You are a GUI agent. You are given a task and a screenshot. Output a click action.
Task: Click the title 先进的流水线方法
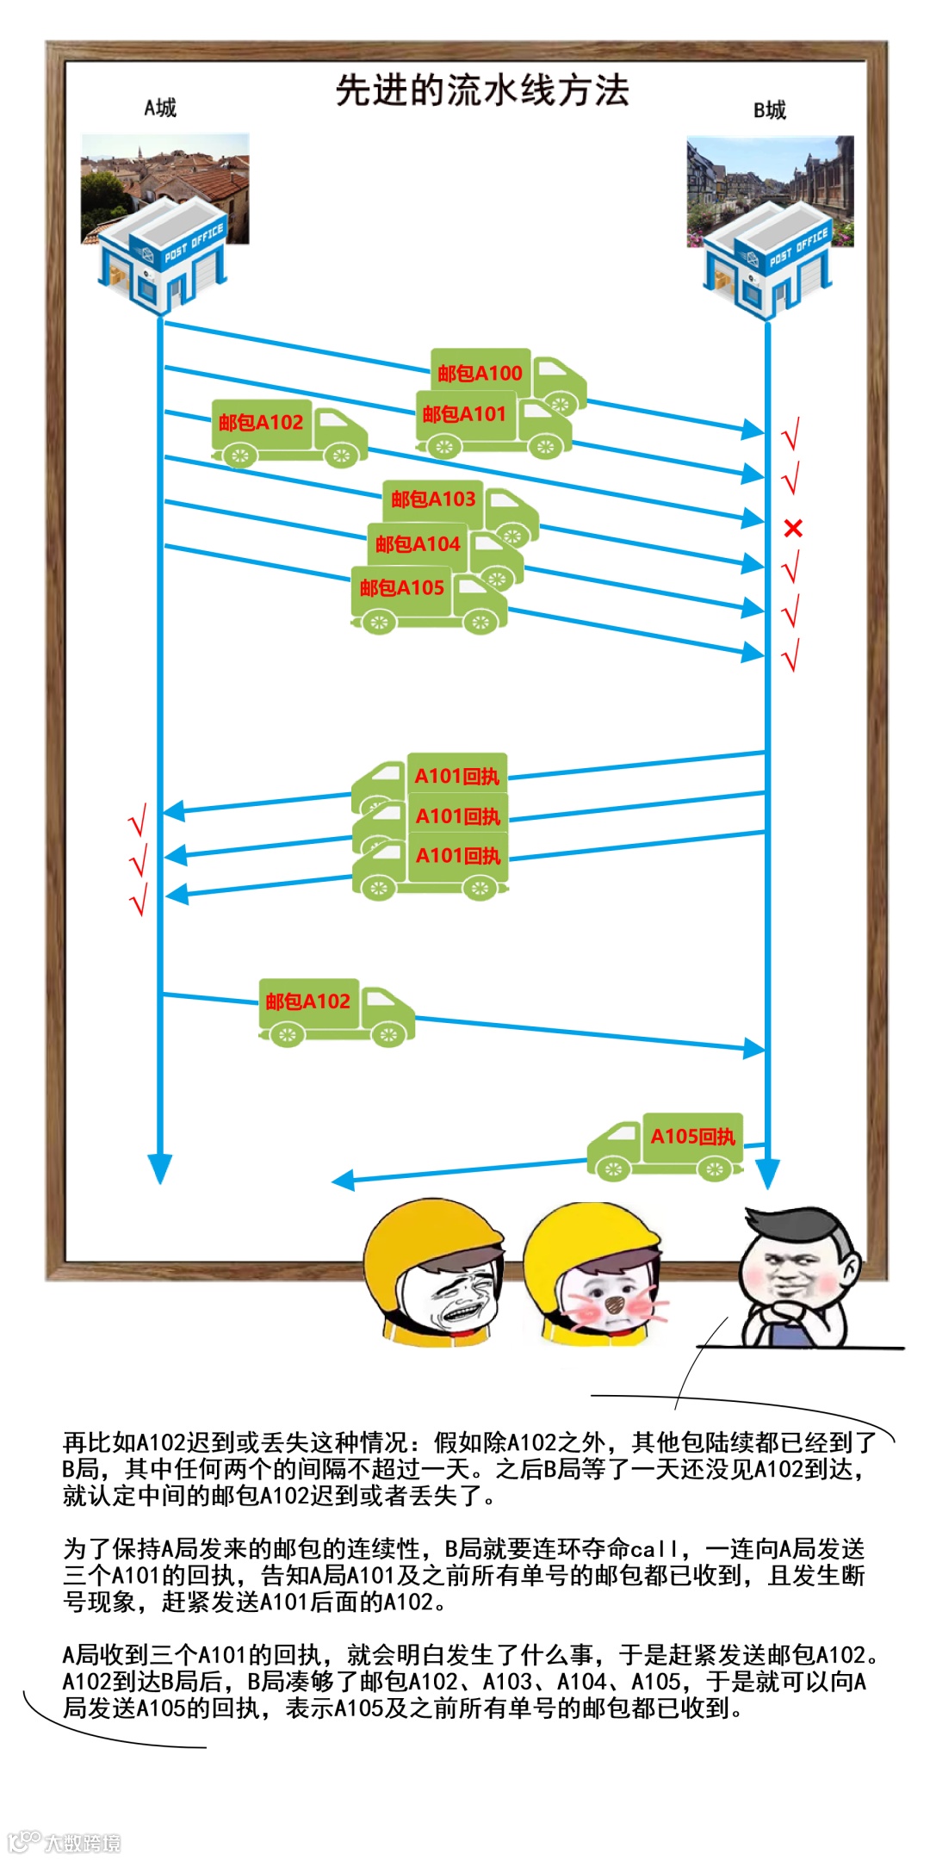point(482,90)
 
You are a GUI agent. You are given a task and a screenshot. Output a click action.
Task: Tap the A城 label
point(160,108)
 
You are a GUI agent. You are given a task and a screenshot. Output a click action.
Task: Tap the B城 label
point(769,110)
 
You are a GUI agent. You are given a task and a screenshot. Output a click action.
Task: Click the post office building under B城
point(768,258)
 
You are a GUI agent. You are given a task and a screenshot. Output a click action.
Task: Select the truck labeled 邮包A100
point(508,379)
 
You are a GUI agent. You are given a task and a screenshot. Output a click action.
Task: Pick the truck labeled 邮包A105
point(428,598)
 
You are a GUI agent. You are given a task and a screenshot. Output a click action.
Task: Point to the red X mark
point(793,528)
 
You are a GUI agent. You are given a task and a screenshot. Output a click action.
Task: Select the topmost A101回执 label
point(456,776)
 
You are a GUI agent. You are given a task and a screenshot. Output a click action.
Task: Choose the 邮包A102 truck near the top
point(289,432)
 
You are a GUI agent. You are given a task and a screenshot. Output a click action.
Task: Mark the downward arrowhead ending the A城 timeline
point(160,1168)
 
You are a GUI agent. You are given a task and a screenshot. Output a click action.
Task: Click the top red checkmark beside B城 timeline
point(790,434)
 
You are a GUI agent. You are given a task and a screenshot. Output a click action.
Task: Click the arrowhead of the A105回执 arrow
point(343,1181)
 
